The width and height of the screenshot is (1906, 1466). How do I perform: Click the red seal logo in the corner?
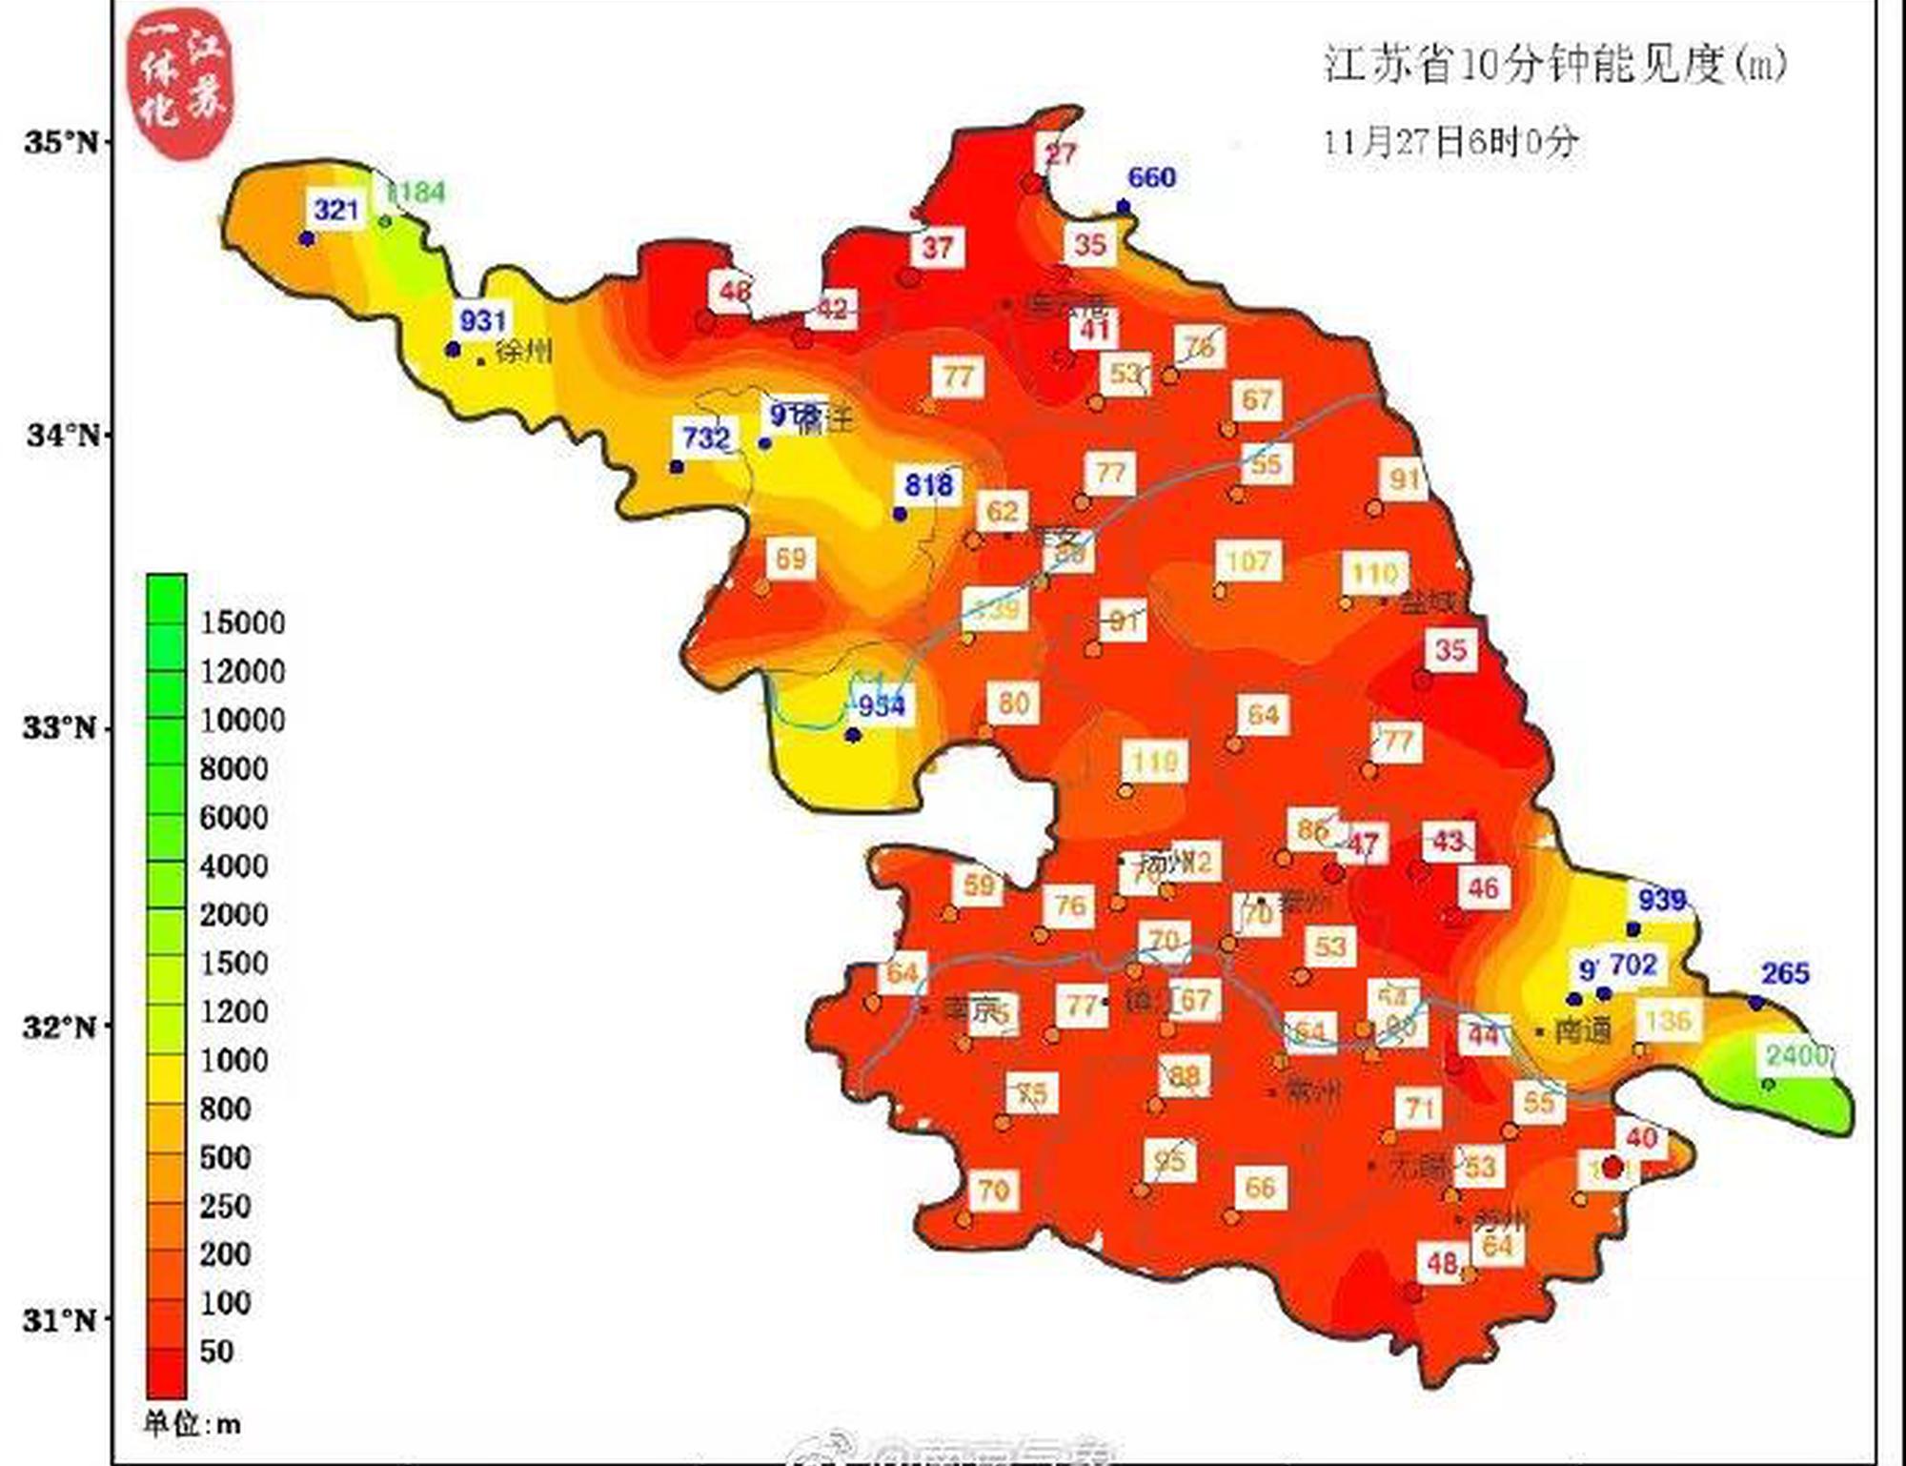[x=181, y=83]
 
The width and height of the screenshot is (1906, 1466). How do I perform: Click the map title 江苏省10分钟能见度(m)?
[x=1554, y=64]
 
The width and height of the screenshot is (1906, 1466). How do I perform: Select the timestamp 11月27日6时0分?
[x=1450, y=142]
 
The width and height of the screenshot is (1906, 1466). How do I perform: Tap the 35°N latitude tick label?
[x=61, y=143]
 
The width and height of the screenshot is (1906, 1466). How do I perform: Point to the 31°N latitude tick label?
[x=59, y=1320]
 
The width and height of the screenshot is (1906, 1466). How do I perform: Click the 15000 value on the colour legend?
[x=242, y=622]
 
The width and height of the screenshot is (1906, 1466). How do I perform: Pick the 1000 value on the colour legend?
[x=233, y=1060]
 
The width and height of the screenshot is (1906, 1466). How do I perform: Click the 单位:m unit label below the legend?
[x=192, y=1425]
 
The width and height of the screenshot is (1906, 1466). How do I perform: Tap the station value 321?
[x=335, y=210]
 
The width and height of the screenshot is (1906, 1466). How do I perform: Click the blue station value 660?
[x=1151, y=177]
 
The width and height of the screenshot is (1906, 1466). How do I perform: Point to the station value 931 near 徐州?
[x=482, y=320]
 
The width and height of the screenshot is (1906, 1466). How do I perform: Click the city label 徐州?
[x=523, y=352]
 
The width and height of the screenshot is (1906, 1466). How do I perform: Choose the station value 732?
[x=705, y=438]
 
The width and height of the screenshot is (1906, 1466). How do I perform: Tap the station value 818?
[x=928, y=485]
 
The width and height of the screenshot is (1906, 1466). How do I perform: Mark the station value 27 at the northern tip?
[x=1061, y=153]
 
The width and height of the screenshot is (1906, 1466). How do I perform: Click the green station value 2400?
[x=1796, y=1055]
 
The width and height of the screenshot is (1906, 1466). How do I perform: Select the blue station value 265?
[x=1784, y=973]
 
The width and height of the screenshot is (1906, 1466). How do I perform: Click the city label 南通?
[x=1582, y=1030]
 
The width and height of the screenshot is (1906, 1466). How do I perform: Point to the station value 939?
[x=1662, y=899]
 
